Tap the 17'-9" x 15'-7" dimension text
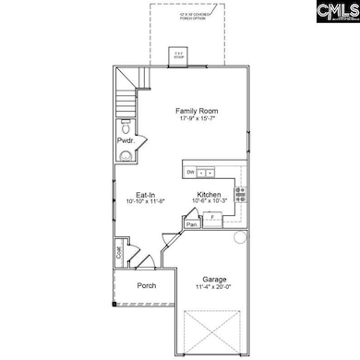[195, 120]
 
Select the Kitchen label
[207, 195]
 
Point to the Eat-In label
[145, 195]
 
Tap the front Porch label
[145, 285]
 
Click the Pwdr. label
[125, 140]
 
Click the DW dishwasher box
[189, 173]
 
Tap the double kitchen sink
[209, 173]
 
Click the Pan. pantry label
[193, 223]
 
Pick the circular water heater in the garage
[240, 237]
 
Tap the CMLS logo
[334, 15]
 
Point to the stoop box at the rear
[178, 58]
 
